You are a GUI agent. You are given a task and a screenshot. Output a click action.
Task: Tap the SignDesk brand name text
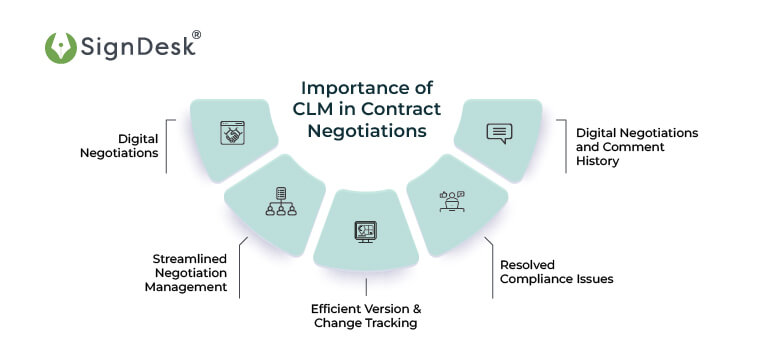pyautogui.click(x=130, y=47)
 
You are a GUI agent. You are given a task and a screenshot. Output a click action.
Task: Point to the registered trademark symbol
pyautogui.click(x=196, y=35)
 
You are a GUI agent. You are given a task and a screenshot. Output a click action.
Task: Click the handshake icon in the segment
pyautogui.click(x=233, y=134)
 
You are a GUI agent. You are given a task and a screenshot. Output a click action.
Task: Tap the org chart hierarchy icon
pyautogui.click(x=280, y=201)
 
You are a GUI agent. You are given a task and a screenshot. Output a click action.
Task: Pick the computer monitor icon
pyautogui.click(x=364, y=231)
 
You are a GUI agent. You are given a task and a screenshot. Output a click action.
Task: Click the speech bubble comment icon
pyautogui.click(x=499, y=133)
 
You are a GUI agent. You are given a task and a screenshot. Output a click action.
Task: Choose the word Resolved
pyautogui.click(x=526, y=265)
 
